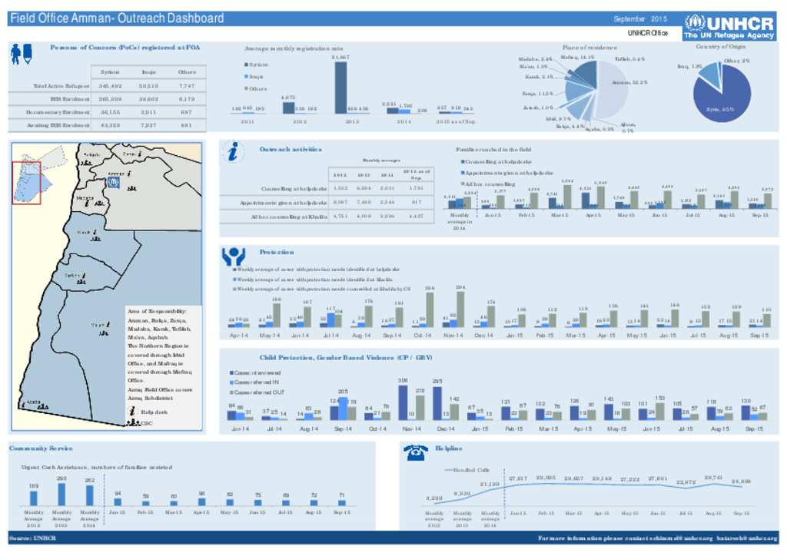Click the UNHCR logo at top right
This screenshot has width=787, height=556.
point(729,28)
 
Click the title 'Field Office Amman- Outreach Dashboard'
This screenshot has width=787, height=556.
point(117,18)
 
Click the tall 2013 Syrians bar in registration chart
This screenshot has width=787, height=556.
point(340,87)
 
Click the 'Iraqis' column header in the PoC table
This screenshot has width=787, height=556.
point(149,71)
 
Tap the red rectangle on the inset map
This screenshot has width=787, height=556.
point(26,183)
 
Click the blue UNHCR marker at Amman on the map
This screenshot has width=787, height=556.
point(113,184)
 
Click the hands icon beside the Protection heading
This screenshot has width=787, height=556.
point(233,255)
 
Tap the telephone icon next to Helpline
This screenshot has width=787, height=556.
point(415,453)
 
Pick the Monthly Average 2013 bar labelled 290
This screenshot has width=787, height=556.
point(61,495)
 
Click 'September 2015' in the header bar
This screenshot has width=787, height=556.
point(640,18)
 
